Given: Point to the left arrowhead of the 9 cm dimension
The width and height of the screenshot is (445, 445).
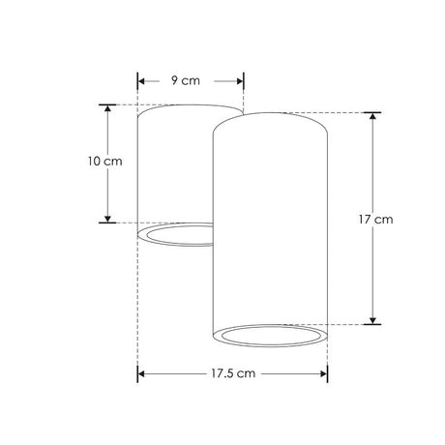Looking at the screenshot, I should (x=142, y=81).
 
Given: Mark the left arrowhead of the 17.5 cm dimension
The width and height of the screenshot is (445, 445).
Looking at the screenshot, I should (x=143, y=372).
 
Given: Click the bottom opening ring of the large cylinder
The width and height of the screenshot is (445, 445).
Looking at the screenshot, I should (x=269, y=336).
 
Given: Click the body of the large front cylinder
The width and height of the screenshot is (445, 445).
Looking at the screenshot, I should (x=269, y=222).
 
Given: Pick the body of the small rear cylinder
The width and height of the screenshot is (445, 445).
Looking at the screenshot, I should (x=172, y=164).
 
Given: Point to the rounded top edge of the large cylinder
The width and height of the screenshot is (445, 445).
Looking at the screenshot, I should (x=269, y=114).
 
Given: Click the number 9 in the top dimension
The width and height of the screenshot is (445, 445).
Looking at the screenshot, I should (x=175, y=81).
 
